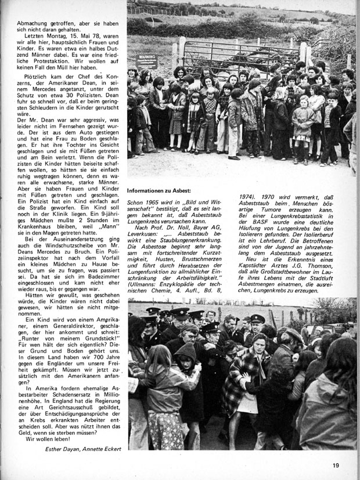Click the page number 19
click(x=336, y=464)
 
